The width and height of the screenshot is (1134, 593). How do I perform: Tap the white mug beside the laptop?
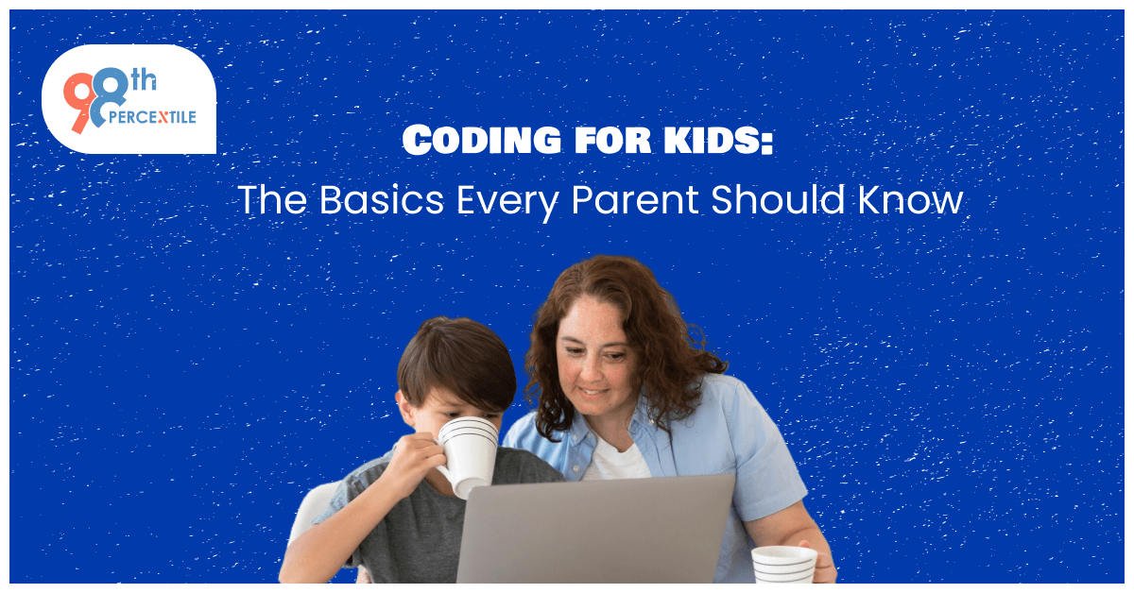click(783, 566)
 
